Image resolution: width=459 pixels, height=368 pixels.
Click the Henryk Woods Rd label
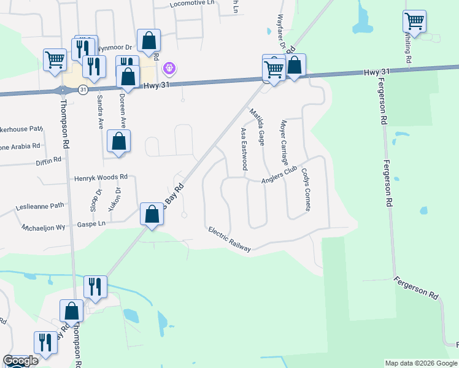click(x=101, y=177)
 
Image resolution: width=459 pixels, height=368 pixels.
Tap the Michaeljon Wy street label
click(x=44, y=227)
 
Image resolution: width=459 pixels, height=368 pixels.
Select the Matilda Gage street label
click(x=256, y=128)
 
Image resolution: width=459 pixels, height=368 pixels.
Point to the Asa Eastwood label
click(x=244, y=149)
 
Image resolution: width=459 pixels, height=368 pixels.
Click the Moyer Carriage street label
click(x=285, y=142)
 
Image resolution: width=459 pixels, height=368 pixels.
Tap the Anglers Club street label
click(x=279, y=175)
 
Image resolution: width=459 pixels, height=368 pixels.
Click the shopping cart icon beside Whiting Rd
click(x=414, y=21)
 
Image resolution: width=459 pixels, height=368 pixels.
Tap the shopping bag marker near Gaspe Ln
click(x=152, y=215)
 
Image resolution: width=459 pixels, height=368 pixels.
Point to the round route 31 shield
click(x=83, y=90)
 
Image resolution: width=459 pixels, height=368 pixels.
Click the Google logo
click(x=21, y=361)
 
